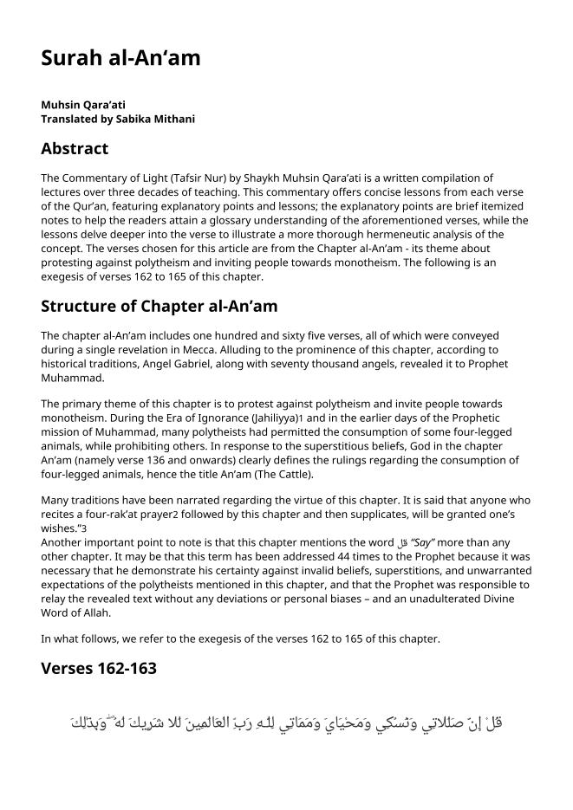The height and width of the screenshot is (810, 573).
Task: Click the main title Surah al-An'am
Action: tap(120, 58)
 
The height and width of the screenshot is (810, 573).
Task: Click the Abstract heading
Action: tap(75, 148)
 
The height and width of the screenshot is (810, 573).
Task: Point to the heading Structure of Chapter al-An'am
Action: tap(159, 306)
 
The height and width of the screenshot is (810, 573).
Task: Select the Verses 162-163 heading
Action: tap(98, 668)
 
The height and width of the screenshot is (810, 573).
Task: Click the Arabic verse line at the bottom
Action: tap(286, 722)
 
